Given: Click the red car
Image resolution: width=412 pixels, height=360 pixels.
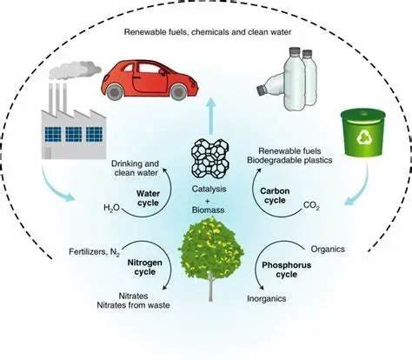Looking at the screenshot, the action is click(x=150, y=79).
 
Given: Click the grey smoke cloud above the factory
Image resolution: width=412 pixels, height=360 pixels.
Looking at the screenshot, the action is click(x=75, y=70).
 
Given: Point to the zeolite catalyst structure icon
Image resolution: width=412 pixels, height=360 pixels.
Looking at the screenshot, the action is click(x=209, y=159).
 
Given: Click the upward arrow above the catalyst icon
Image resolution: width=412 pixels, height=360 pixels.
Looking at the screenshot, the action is click(x=211, y=116).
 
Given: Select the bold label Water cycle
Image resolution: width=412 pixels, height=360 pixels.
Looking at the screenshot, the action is click(x=148, y=198).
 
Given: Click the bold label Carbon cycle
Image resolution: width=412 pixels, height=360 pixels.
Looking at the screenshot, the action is click(x=275, y=196).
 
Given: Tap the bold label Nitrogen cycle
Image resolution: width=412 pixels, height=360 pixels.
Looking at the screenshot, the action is click(x=145, y=267).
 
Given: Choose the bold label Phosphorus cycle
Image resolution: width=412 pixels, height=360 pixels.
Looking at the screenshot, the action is click(x=286, y=270).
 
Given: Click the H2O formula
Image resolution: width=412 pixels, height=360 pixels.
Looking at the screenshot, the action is click(x=111, y=208).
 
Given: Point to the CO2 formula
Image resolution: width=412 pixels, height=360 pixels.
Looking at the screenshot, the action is click(x=311, y=206).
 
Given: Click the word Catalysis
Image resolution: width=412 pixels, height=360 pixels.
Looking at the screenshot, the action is click(x=209, y=189).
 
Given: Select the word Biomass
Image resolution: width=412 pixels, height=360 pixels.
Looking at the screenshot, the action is click(x=209, y=210).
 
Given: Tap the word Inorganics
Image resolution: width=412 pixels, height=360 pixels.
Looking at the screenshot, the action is click(x=267, y=298).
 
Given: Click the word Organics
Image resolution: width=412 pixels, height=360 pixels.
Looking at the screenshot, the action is click(x=328, y=250).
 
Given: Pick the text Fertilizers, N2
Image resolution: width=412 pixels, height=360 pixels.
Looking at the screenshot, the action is click(x=95, y=252).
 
